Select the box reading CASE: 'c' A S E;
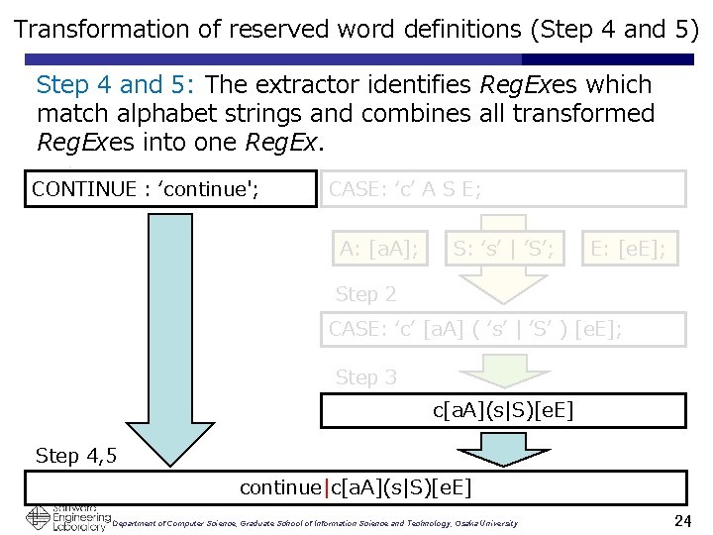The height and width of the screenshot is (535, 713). [x=502, y=188]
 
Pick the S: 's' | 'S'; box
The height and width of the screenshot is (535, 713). [x=503, y=248]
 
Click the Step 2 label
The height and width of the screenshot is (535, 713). [x=365, y=294]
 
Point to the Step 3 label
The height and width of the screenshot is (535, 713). [x=365, y=377]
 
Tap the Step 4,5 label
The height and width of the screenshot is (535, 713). [x=76, y=456]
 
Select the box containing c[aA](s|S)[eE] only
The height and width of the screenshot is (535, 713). [x=502, y=410]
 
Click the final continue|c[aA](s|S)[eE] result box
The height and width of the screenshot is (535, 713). [x=356, y=487]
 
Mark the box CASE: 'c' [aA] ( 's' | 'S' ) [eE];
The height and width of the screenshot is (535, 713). [x=502, y=329]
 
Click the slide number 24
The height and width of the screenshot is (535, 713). [x=680, y=520]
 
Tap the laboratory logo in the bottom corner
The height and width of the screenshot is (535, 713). [x=67, y=518]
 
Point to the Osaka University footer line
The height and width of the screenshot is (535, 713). [x=315, y=523]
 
